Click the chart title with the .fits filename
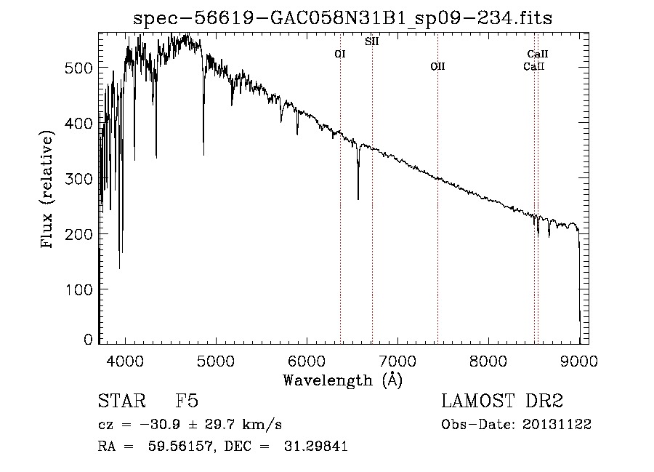(x=343, y=18)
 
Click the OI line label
(x=339, y=54)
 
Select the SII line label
(x=371, y=41)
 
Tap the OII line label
(x=437, y=67)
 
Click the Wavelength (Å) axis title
(x=342, y=380)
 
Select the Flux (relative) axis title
(x=49, y=191)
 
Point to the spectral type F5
(x=187, y=402)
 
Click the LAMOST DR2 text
(x=502, y=402)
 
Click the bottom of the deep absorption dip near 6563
(x=358, y=199)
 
